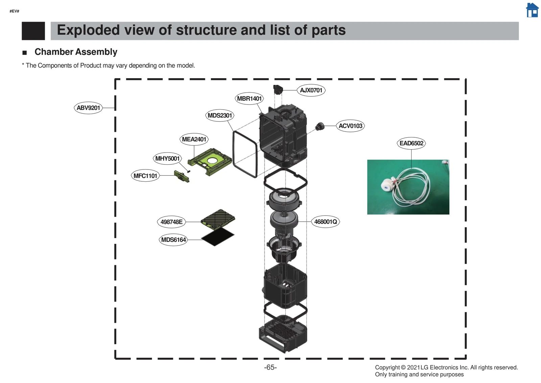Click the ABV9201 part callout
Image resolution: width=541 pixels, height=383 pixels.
point(88,108)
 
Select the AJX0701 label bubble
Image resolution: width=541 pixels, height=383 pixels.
point(311,90)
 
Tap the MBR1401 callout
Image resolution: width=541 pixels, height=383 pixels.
point(249,98)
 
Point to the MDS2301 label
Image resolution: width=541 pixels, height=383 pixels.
point(220,115)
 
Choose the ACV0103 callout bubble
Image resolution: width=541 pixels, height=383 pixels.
point(350,126)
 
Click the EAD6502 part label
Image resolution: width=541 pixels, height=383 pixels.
point(411,143)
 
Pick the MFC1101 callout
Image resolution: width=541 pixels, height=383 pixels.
point(145,176)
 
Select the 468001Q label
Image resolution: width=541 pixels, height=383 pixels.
point(325,222)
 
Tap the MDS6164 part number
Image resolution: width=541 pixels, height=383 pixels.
point(173,240)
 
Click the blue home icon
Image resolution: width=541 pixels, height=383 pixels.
point(532,10)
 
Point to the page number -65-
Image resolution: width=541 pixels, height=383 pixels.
point(270,367)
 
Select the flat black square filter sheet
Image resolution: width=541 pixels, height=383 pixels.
point(217,236)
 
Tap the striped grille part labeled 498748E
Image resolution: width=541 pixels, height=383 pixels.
point(218,219)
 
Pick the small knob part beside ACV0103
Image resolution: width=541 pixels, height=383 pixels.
point(320,127)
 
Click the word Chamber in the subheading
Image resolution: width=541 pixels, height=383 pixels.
point(54,52)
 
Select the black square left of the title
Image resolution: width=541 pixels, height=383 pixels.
point(33,31)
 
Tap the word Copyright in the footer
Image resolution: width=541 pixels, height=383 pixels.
point(387,367)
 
